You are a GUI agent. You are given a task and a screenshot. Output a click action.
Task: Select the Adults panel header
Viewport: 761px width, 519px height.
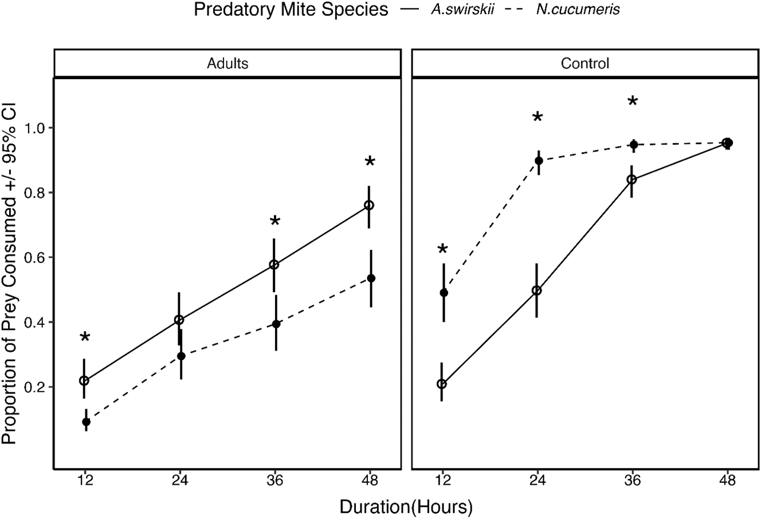pos(227,64)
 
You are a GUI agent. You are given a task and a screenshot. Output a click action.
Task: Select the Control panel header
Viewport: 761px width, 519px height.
pos(585,64)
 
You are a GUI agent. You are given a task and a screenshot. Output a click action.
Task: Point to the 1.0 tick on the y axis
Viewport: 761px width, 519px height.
pos(36,128)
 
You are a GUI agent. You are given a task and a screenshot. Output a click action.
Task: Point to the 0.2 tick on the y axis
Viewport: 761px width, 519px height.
pos(36,387)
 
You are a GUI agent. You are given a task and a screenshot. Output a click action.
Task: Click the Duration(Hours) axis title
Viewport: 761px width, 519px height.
pos(406,506)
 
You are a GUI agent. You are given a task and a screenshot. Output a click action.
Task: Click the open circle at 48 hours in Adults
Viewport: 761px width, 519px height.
pos(369,205)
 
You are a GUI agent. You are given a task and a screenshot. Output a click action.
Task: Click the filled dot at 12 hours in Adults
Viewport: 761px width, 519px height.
pos(86,422)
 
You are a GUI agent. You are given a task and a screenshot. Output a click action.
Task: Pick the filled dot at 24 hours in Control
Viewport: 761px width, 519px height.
pos(539,160)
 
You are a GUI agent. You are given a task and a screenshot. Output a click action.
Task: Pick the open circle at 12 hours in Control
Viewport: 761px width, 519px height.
pos(442,384)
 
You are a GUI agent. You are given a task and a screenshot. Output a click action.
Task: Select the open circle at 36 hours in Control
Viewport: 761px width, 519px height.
pos(632,179)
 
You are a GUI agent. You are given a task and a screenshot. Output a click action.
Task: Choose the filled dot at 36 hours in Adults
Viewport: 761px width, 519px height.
pos(276,324)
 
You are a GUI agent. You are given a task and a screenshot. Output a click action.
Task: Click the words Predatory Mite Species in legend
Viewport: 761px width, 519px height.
pos(291,10)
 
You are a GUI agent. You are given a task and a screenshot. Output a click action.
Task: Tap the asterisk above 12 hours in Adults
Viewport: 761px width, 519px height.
pos(85,337)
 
